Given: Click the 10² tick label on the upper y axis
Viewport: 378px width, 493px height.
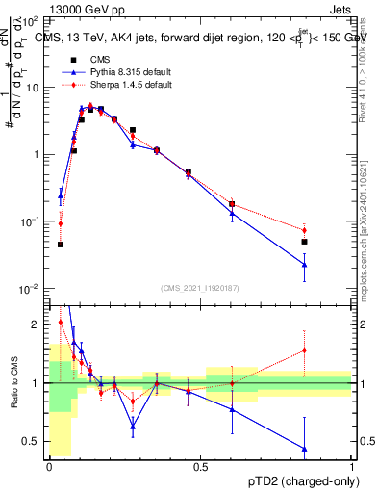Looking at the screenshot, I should pyautogui.click(x=30, y=20).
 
